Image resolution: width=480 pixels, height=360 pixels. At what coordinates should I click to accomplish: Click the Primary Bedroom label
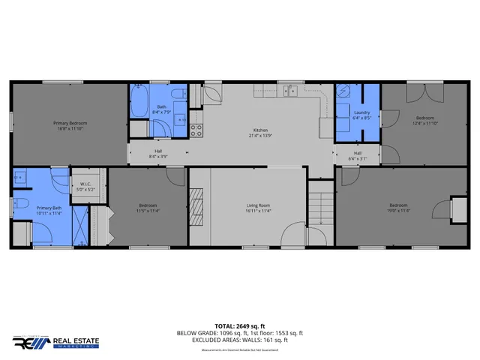70,122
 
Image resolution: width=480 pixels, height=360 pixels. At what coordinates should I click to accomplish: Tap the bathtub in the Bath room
139,103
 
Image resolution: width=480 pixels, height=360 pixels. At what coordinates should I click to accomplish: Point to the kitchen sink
291,92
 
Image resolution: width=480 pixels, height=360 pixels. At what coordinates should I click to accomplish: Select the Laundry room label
362,113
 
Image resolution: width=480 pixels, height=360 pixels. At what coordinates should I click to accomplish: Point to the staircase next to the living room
320,203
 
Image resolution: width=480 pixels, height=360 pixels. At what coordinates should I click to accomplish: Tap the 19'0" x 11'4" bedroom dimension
397,211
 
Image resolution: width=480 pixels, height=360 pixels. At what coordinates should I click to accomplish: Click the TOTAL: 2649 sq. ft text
239,326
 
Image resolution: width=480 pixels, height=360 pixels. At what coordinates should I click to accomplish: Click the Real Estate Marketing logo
51,343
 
